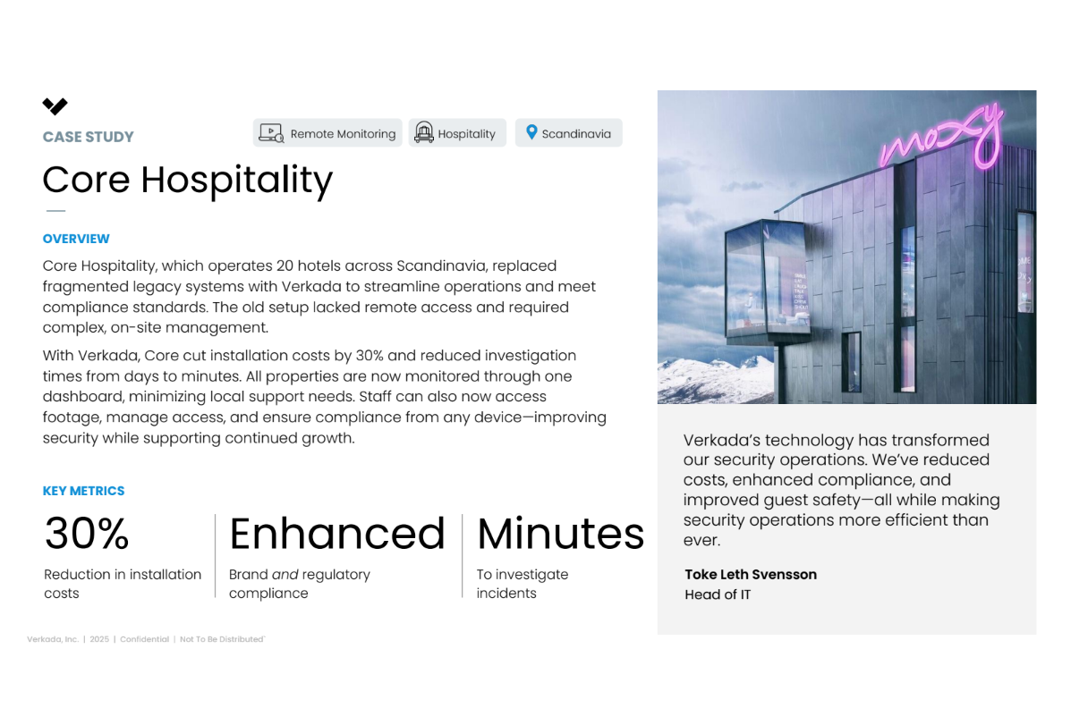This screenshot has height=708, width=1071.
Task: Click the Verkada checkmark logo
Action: point(55,106)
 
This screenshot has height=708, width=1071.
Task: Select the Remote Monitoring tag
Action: point(327,133)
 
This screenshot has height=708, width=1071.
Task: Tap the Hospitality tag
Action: point(457,133)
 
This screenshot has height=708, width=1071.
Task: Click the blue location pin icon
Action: point(531,132)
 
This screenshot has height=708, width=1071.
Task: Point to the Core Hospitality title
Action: point(187,180)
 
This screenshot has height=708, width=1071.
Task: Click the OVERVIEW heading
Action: point(76,239)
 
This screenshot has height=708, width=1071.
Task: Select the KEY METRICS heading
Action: point(83,491)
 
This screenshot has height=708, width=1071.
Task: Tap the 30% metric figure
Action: point(87,534)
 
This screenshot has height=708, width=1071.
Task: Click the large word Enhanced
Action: point(336,534)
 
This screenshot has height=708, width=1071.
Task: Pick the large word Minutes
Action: point(560,534)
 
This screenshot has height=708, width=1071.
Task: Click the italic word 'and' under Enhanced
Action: point(285,575)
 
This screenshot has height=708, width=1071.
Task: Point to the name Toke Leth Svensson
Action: point(751,574)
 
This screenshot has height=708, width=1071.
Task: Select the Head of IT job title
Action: point(718,594)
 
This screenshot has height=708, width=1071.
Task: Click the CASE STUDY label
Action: point(88,137)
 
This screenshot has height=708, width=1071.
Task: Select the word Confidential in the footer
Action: point(144,639)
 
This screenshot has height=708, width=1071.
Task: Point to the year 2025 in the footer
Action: point(98,639)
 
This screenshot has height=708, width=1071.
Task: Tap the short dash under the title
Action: point(55,211)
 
